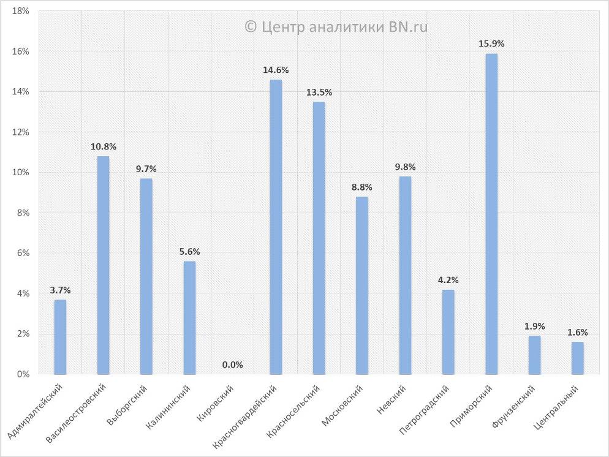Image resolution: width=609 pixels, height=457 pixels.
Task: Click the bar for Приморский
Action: click(491, 214)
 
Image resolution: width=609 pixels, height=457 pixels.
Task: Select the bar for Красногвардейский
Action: click(276, 227)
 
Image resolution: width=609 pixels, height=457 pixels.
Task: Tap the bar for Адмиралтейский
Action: click(60, 336)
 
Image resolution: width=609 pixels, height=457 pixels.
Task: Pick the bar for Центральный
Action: click(578, 358)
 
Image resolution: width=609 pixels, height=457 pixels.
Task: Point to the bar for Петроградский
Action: click(448, 331)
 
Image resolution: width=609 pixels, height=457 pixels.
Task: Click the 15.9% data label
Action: click(491, 44)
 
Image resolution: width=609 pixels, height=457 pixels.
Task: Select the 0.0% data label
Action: click(233, 364)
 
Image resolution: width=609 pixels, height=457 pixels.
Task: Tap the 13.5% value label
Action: click(319, 93)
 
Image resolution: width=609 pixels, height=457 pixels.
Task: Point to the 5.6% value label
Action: click(189, 252)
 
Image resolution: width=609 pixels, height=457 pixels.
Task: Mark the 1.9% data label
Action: click(535, 326)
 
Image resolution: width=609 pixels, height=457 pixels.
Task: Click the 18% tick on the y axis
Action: click(21, 12)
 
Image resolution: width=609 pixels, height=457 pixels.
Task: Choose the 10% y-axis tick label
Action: click(21, 173)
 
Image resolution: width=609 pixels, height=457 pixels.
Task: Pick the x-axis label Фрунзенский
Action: click(514, 407)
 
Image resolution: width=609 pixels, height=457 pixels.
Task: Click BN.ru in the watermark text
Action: click(407, 26)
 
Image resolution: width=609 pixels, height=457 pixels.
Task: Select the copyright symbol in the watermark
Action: click(250, 26)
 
